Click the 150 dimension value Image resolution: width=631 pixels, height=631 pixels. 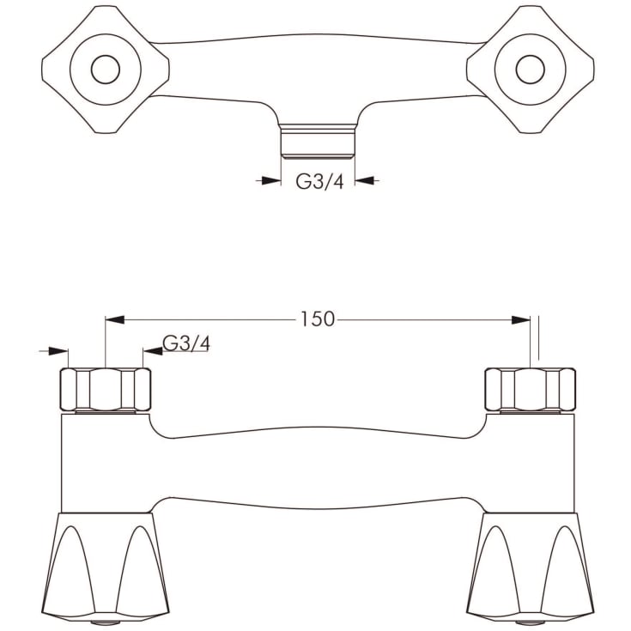coord(317,319)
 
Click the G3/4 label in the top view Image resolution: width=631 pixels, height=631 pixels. coord(319,181)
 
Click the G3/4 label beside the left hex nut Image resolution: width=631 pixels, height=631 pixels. coord(186,344)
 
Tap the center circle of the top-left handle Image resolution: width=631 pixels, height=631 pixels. coord(105,69)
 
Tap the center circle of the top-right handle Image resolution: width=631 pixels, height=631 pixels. coord(530,69)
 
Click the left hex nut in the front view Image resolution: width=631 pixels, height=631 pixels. coord(106,389)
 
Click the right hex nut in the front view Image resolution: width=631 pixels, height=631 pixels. coord(530,389)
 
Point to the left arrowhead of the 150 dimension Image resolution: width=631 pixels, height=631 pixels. coord(115,319)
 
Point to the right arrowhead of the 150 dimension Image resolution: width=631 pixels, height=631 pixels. coord(520,319)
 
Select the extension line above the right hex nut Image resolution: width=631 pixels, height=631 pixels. coord(539,339)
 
